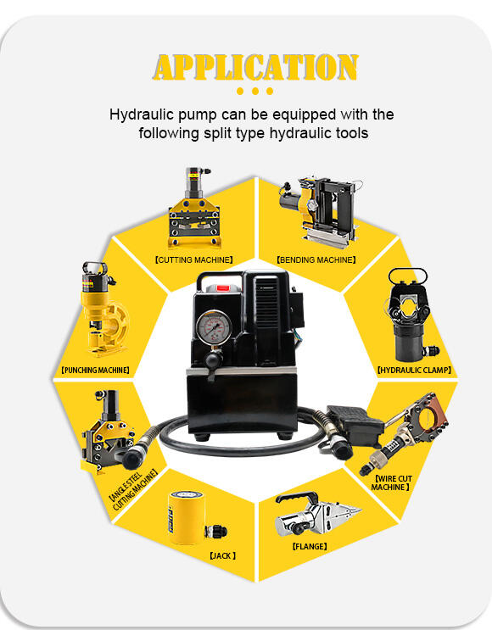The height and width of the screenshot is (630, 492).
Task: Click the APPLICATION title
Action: point(255,67)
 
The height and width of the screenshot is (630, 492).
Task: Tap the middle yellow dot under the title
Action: point(254,92)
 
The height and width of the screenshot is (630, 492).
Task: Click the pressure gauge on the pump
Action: point(214,326)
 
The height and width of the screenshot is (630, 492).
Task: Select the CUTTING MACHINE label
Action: point(193,260)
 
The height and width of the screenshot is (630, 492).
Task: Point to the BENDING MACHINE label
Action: point(316,260)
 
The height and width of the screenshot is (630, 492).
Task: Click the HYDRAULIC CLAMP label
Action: point(415,370)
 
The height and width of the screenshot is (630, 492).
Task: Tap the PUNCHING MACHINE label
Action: point(95,370)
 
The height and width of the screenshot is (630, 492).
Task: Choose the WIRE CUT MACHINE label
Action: point(392,482)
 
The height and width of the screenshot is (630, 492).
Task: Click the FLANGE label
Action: point(310,546)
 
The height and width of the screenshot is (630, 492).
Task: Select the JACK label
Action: point(223,555)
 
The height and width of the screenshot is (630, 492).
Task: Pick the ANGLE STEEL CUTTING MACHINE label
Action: point(132,489)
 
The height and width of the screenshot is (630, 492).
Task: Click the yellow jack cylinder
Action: point(187,517)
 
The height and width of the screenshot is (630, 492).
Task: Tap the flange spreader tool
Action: point(316,514)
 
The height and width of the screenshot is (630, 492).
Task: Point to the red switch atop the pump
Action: point(222,288)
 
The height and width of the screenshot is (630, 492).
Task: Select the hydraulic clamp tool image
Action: point(410,316)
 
